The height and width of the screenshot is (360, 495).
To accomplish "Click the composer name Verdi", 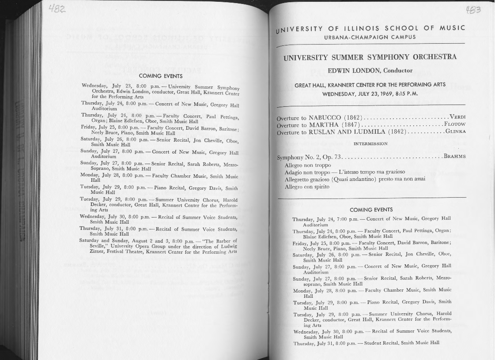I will click(457, 117).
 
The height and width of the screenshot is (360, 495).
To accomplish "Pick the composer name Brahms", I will click(454, 156).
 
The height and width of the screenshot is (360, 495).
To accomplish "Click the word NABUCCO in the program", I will click(325, 118).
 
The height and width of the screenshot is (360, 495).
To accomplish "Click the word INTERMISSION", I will click(370, 143).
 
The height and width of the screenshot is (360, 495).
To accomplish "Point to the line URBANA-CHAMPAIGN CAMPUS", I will click(370, 37).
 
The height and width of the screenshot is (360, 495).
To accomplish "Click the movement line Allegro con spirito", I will click(307, 187).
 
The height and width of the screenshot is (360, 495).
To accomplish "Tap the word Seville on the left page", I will click(99, 246).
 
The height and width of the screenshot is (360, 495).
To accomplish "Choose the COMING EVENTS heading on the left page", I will click(161, 76).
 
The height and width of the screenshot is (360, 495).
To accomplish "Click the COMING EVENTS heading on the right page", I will click(371, 210).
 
